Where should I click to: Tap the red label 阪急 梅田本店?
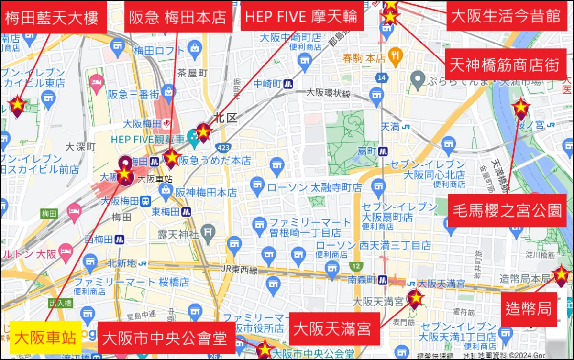178,17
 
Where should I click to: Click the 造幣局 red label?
529,309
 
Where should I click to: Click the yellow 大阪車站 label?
46,338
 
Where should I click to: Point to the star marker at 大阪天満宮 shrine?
415,298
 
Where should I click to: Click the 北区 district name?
225,118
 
